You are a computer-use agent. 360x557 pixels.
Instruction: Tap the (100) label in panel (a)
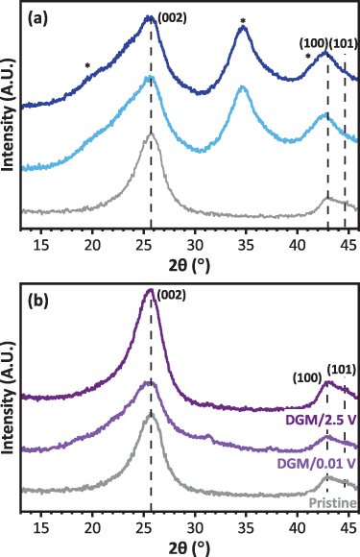tap(312, 43)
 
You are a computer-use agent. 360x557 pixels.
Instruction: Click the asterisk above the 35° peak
tap(243, 20)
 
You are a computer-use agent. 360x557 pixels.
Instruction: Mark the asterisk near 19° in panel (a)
tap(87, 66)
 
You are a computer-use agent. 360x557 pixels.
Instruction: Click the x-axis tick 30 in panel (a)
tap(195, 244)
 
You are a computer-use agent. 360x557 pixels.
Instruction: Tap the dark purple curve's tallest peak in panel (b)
tap(150, 290)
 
